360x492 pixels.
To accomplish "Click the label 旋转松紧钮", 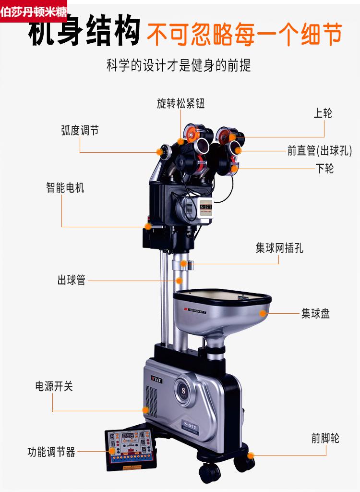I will tap(180, 103).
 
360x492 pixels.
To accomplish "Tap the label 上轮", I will tap(323, 113).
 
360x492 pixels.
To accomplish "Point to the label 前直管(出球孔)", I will tap(320, 150).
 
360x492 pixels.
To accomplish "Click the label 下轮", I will tap(324, 168).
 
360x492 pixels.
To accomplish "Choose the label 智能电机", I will tap(65, 187).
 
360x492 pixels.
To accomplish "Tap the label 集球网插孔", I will tap(279, 248).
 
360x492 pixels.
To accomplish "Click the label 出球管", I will tap(72, 280).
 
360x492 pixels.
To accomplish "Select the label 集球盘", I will tap(315, 314).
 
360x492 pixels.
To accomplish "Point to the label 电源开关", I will tap(54, 386).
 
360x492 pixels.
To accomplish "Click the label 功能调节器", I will tap(51, 452).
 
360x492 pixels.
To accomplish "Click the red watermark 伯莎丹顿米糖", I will tap(34, 12).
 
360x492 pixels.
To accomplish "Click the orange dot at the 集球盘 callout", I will tap(263, 313).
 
